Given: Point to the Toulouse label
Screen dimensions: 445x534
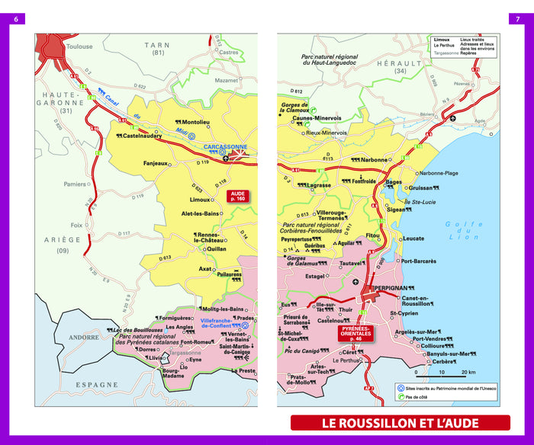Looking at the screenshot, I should click(79, 46).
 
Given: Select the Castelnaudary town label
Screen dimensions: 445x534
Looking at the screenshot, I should click(140, 136).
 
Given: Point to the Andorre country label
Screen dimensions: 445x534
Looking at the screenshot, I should click(84, 337).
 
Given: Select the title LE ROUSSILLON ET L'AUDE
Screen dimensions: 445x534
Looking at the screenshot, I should click(400, 423).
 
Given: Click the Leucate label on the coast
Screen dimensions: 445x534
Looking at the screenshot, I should click(413, 239).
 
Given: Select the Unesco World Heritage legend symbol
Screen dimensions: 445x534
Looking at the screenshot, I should click(401, 387).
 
